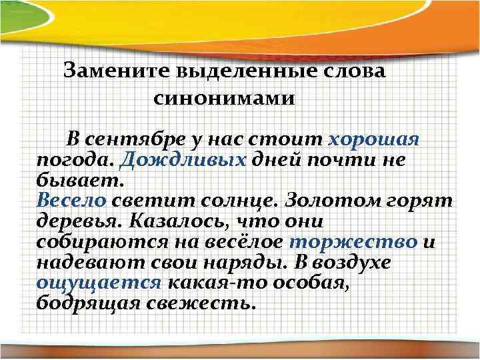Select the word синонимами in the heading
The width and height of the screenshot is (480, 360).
(x=223, y=99)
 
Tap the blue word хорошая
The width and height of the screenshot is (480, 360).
(x=374, y=140)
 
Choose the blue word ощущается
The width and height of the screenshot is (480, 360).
(x=99, y=283)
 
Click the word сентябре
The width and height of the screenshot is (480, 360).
(x=134, y=140)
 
